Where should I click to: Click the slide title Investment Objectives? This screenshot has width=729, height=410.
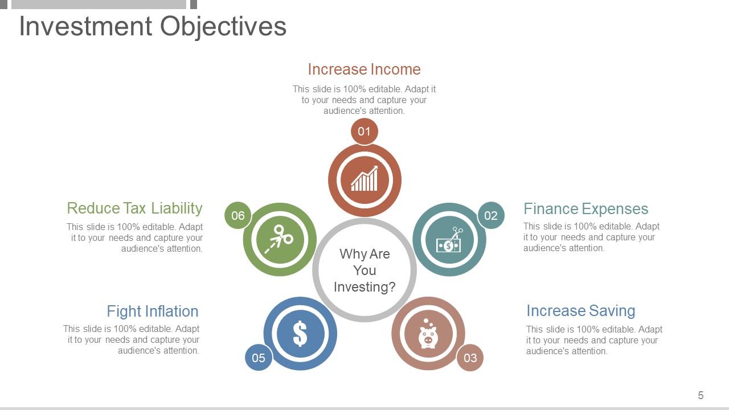(153, 27)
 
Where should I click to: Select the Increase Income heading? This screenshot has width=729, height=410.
(364, 69)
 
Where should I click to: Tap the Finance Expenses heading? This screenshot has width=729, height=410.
(586, 208)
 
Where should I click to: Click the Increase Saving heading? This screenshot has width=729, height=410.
(581, 311)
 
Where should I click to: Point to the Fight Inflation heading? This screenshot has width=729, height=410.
(153, 311)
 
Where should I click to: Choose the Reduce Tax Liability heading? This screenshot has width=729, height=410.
(135, 208)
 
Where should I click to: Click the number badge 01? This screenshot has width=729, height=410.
(364, 132)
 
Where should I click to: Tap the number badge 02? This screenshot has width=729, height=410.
(491, 215)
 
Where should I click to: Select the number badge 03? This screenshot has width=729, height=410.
(470, 358)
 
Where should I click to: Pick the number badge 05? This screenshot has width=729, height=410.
(259, 358)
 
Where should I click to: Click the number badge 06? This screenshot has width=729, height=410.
(238, 215)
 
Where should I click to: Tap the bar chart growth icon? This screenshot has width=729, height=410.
(364, 178)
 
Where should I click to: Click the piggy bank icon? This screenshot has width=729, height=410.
(428, 334)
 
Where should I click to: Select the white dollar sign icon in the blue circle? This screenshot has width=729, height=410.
(300, 334)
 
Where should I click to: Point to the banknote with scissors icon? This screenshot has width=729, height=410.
(449, 240)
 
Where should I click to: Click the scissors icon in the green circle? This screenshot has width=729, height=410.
(279, 239)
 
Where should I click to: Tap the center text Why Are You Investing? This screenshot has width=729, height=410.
(364, 270)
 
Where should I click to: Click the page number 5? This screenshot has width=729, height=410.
(701, 395)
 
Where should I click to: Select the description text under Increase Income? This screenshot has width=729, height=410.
(364, 100)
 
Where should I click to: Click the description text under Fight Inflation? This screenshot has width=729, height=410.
(131, 340)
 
